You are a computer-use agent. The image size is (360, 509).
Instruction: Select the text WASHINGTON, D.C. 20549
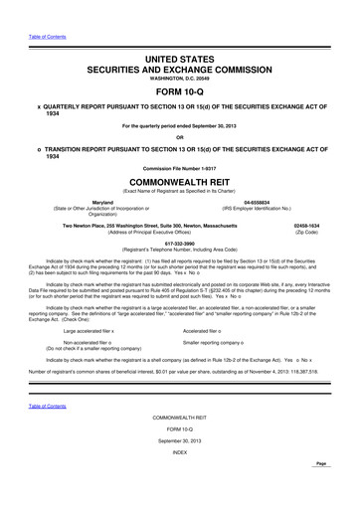pos(180,84)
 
